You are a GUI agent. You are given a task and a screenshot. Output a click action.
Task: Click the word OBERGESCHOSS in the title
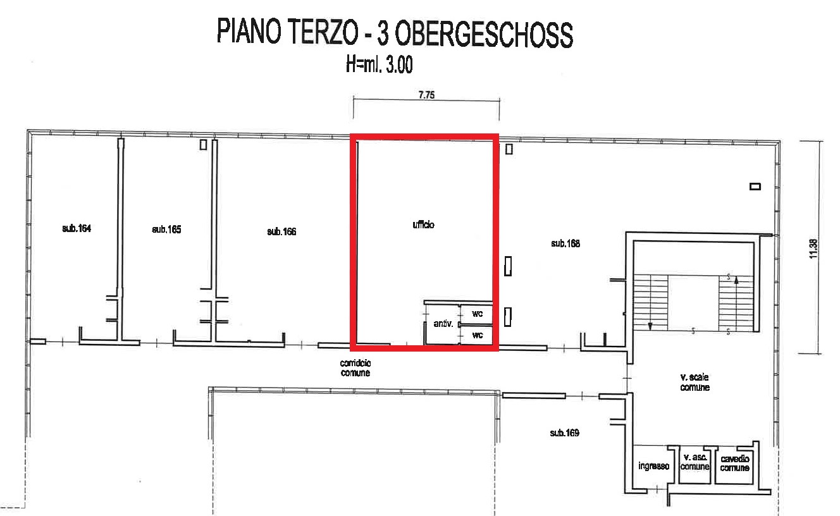click(x=484, y=35)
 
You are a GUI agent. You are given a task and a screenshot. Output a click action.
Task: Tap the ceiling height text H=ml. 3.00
click(x=379, y=64)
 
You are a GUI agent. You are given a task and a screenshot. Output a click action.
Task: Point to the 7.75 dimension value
click(x=426, y=95)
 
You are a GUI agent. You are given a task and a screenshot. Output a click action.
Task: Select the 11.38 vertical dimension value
click(x=813, y=249)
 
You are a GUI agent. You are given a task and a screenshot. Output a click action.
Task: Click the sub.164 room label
click(x=77, y=228)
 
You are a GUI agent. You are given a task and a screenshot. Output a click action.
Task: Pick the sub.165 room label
click(x=166, y=230)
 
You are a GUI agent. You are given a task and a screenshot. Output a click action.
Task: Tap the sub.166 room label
click(x=281, y=231)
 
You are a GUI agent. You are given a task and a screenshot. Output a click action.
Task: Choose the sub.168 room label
click(x=565, y=243)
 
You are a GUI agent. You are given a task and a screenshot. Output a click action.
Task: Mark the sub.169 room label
click(x=564, y=433)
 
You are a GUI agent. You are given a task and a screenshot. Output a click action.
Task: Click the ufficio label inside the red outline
click(x=423, y=224)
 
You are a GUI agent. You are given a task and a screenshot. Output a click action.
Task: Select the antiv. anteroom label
click(x=443, y=324)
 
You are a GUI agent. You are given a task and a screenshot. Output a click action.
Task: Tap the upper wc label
click(x=478, y=314)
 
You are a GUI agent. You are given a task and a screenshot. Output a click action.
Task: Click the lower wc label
click(x=478, y=335)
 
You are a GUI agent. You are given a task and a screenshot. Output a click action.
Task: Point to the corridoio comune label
click(x=355, y=368)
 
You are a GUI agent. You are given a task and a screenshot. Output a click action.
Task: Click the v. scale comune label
click(x=695, y=382)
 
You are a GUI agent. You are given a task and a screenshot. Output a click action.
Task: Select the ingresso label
click(x=653, y=466)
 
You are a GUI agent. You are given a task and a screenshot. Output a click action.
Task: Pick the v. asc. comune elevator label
click(x=695, y=462)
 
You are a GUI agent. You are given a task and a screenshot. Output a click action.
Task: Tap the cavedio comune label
click(x=734, y=464)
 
